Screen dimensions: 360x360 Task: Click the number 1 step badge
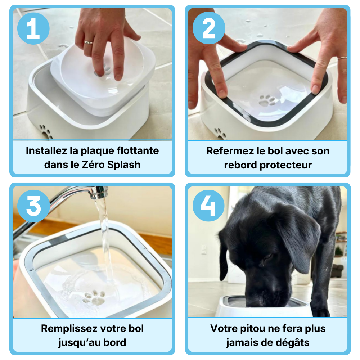33,28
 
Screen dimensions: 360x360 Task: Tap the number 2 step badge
209,28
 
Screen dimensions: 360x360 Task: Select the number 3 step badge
33,206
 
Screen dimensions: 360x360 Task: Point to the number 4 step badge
208,206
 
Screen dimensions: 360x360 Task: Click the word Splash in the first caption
124,165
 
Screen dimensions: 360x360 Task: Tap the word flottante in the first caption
138,150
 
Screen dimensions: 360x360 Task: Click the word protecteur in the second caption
285,165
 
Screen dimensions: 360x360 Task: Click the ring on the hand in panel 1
89,42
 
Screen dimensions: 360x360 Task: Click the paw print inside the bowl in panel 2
267,100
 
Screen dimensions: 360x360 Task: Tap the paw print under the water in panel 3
94,297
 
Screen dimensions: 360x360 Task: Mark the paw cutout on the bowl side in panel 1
46,132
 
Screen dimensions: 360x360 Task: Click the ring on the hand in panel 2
342,58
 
